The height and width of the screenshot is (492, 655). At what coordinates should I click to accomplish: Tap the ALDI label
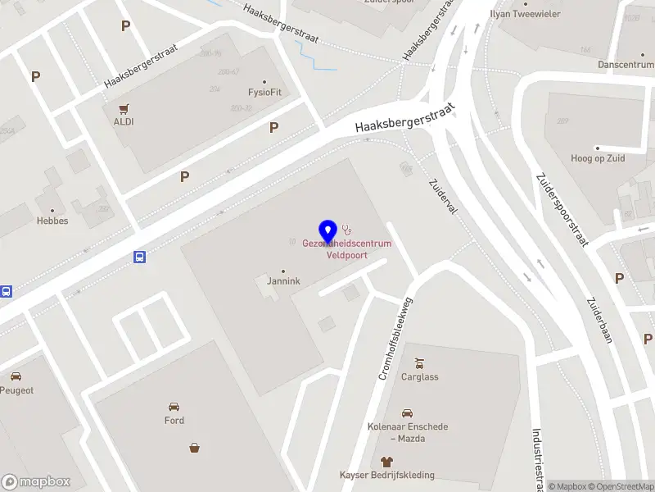coord(124,121)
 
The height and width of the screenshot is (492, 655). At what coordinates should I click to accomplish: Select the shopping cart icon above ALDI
coord(124,108)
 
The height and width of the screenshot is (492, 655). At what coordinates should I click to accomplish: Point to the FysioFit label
coord(264,92)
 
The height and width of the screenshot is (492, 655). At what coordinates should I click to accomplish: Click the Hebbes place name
coord(52,221)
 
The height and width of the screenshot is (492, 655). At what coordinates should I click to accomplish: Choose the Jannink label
coord(283,281)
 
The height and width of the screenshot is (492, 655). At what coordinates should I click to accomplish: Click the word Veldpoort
coord(346,255)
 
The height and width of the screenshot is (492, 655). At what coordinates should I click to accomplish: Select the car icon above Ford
coord(174,407)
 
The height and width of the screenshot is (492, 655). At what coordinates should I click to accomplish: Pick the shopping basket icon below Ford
coord(195,448)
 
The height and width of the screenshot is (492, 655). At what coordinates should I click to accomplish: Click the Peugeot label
coord(16,390)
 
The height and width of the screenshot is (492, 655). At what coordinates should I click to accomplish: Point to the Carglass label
coord(419,377)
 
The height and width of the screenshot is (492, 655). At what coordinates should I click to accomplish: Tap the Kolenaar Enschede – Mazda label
coord(408,432)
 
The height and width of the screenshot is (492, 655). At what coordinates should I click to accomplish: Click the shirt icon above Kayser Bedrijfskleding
coord(387,462)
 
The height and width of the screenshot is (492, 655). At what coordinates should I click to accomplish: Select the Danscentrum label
coord(626,64)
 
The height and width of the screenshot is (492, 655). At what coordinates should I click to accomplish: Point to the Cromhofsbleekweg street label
coord(395,338)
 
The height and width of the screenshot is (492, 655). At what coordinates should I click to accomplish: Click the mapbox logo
coord(36,481)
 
